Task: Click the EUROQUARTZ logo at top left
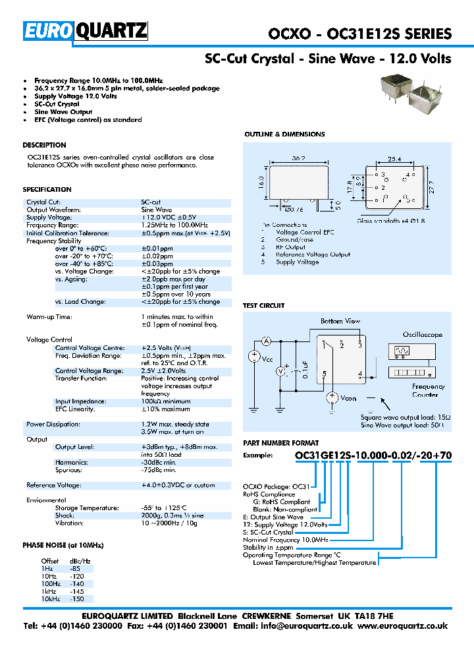coord(86,31)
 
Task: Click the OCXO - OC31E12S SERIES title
coord(360,34)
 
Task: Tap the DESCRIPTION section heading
coord(44,145)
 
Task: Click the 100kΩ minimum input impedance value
coord(165,401)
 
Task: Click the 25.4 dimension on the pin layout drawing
coord(394,159)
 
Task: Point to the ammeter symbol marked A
coord(267,341)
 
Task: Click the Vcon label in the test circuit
coord(348,398)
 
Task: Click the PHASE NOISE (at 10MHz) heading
coord(63,546)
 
